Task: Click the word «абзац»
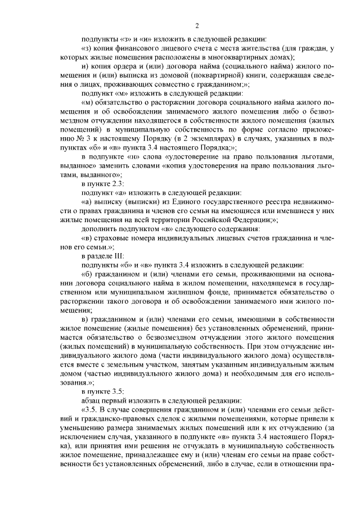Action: click(92, 399)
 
